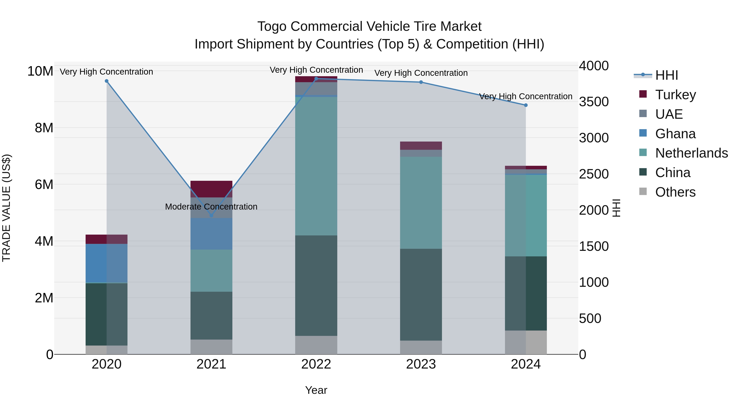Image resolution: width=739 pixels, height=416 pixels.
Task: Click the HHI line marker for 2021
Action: (211, 215)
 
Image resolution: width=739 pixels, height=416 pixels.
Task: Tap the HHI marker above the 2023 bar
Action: (421, 82)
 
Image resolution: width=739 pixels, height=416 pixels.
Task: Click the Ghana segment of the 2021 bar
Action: (211, 234)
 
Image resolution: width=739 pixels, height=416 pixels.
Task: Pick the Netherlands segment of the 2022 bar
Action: (316, 166)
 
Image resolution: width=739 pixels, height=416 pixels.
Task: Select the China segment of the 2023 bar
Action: (421, 295)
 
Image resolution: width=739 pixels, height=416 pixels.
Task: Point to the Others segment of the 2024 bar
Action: (526, 342)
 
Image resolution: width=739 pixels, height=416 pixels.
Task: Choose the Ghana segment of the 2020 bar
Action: (106, 263)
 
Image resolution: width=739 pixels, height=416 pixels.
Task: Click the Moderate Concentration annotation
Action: (211, 207)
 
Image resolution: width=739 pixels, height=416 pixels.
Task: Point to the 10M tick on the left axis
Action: (40, 71)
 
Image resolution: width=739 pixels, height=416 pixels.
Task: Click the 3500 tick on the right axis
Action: (593, 102)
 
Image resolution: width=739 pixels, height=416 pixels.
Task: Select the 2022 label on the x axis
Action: (316, 364)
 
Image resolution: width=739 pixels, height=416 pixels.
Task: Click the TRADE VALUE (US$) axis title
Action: (7, 208)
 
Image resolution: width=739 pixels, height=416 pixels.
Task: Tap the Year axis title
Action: (316, 390)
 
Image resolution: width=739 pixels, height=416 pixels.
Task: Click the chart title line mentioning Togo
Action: (369, 27)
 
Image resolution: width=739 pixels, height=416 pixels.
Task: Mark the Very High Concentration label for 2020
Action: (106, 72)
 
